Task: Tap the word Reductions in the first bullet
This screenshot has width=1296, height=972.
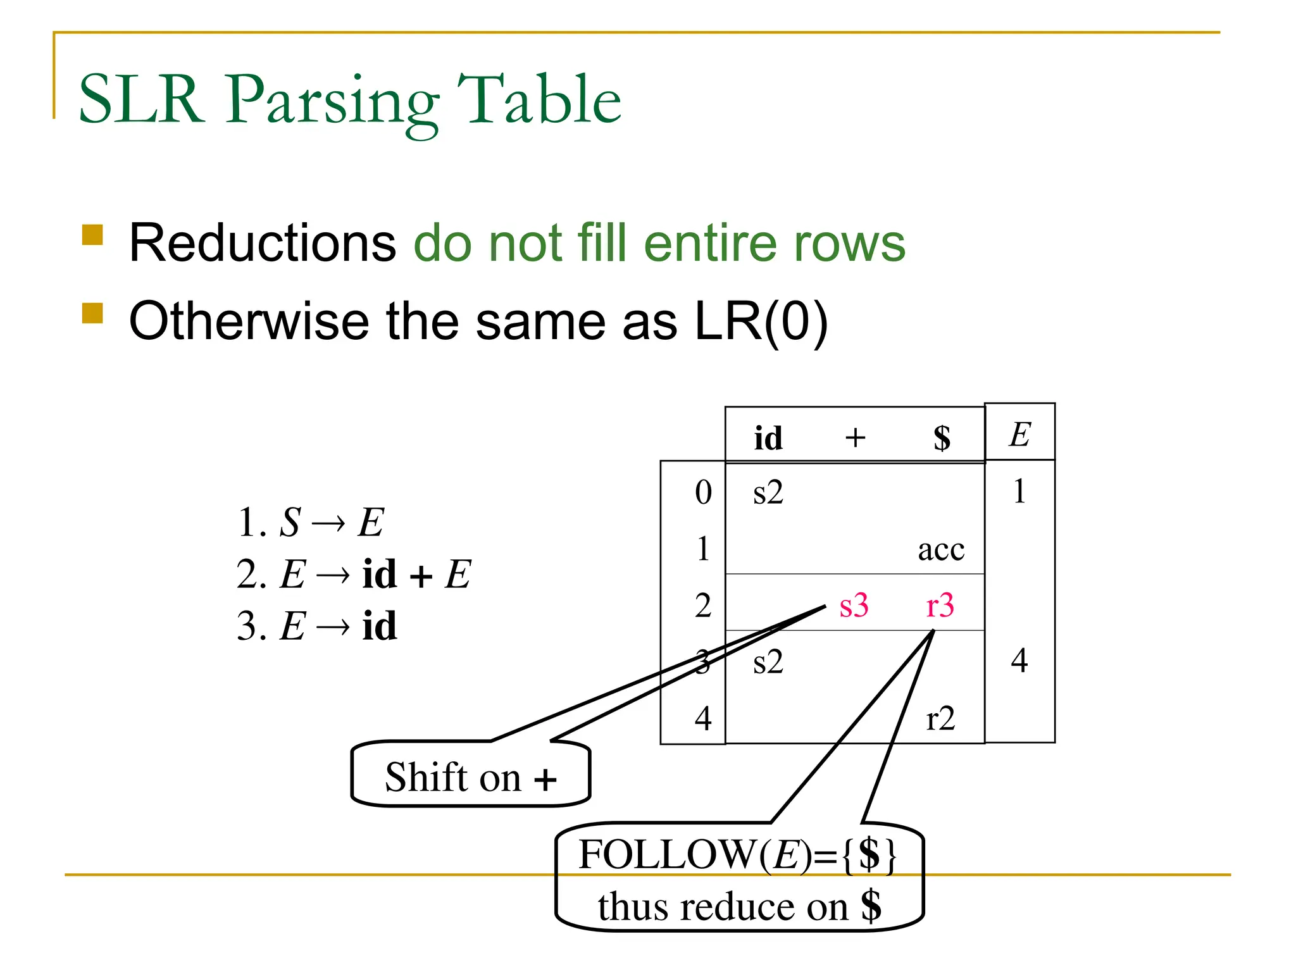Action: [x=262, y=243]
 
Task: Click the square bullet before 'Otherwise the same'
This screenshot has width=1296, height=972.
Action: [x=92, y=313]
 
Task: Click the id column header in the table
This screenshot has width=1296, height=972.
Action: [x=768, y=438]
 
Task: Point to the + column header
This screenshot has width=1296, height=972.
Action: [x=855, y=438]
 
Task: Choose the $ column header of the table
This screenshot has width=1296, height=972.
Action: [x=942, y=438]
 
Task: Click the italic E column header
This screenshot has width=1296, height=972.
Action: [x=1019, y=435]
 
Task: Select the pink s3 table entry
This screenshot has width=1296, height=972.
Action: [x=854, y=606]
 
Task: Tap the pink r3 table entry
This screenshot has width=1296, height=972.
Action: [x=940, y=606]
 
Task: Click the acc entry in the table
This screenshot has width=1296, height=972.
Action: [x=941, y=549]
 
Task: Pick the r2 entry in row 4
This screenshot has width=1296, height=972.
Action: [x=940, y=719]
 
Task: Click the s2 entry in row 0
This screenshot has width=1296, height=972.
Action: [x=768, y=492]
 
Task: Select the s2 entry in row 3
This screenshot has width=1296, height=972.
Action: [x=768, y=662]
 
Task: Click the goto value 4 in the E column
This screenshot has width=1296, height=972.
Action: [x=1019, y=661]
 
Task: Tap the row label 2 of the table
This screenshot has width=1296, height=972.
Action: [x=703, y=606]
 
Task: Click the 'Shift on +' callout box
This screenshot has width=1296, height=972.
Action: [x=470, y=776]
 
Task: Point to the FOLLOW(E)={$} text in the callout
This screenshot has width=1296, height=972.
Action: [x=737, y=855]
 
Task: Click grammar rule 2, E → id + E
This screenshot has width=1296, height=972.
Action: [x=353, y=575]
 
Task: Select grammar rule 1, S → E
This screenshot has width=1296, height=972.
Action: [x=310, y=523]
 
